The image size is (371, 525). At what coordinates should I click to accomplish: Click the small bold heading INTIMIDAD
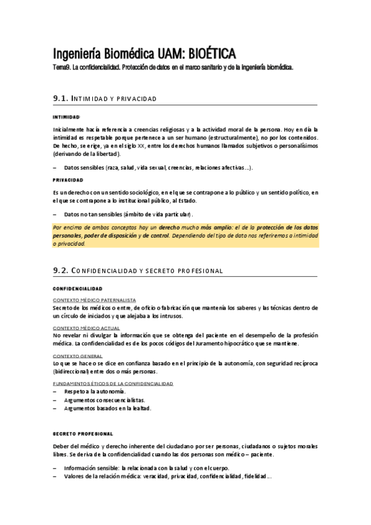pos(66,116)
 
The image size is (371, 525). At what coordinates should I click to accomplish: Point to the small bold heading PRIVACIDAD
pos(68,180)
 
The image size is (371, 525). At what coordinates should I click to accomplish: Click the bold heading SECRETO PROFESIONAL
pos(83,433)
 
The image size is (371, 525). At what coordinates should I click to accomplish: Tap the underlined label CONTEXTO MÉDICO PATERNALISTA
pos(94,300)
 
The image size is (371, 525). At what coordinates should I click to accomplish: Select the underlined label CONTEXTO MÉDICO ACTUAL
pos(86,328)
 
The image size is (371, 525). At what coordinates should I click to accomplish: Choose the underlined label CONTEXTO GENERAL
pos(77,356)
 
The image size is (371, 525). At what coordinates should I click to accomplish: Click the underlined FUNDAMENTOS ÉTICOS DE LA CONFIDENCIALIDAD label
pos(113,384)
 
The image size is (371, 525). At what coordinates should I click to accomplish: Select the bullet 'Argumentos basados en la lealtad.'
pos(107,408)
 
